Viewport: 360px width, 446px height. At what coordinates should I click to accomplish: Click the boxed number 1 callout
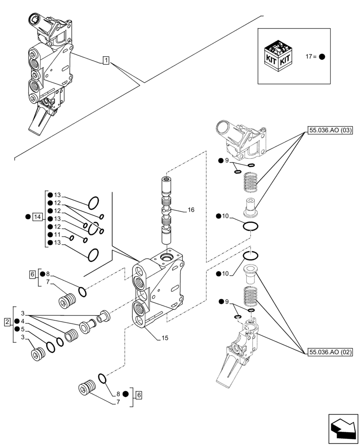106,60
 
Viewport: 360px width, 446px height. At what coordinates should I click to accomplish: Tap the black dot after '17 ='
322,57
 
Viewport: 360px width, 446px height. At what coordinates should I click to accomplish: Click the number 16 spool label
191,210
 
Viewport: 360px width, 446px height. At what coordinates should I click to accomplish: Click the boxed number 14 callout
37,217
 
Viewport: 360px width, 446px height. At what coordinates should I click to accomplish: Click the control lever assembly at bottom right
238,352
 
